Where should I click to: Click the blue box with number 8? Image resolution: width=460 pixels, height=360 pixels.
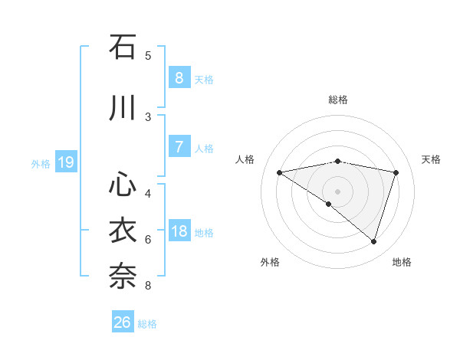click(x=179, y=78)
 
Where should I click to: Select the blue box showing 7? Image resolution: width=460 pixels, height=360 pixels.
click(x=179, y=147)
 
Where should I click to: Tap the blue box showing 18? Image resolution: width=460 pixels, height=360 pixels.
click(x=179, y=231)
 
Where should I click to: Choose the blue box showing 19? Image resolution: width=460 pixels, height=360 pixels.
click(x=65, y=162)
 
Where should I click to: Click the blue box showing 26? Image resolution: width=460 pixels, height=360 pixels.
click(x=123, y=322)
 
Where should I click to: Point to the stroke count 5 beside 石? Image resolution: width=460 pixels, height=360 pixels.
click(x=148, y=55)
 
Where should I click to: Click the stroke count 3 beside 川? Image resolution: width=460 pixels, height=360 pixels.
click(x=148, y=116)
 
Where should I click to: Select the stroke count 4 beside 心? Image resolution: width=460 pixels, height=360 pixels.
click(x=148, y=193)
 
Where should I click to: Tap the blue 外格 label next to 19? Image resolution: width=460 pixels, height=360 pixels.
click(x=41, y=163)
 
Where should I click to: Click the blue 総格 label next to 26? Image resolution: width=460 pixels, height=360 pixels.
click(x=147, y=323)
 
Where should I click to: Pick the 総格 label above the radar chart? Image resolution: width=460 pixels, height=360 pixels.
click(x=337, y=100)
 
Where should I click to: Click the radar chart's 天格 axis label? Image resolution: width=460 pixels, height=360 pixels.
click(x=432, y=159)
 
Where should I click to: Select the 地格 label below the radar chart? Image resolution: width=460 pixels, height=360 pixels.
click(x=402, y=262)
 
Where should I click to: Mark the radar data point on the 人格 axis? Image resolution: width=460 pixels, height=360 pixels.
click(x=279, y=172)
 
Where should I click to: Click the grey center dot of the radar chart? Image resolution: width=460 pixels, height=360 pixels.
click(x=337, y=190)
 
